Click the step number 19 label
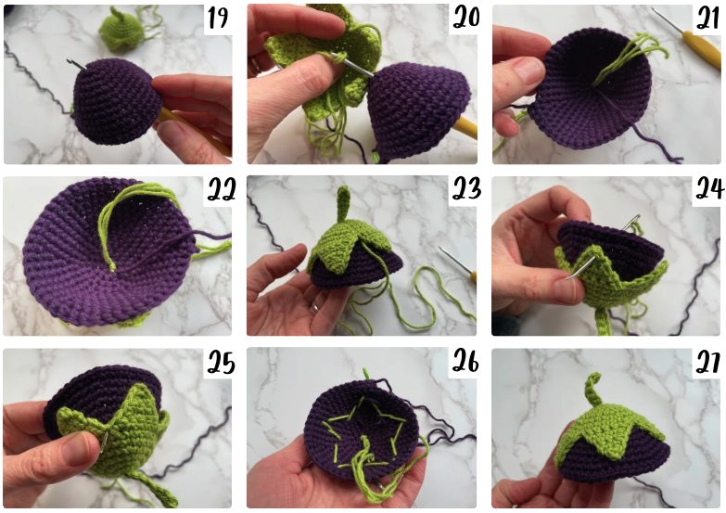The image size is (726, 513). click(x=218, y=19)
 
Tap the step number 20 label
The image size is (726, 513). click(x=465, y=18)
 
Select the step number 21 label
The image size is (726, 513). click(x=708, y=19)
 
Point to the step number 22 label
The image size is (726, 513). click(x=221, y=190)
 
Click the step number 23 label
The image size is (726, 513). click(x=465, y=189)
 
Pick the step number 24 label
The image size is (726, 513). click(x=708, y=189)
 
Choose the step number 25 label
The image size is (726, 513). click(x=221, y=362)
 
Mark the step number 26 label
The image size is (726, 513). click(x=465, y=362)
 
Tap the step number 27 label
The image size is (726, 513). click(x=708, y=363)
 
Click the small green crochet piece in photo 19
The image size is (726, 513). click(x=117, y=30)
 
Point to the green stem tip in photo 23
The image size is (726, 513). click(x=344, y=190)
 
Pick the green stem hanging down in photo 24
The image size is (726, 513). click(x=603, y=321)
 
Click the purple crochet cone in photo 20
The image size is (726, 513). click(x=416, y=111)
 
